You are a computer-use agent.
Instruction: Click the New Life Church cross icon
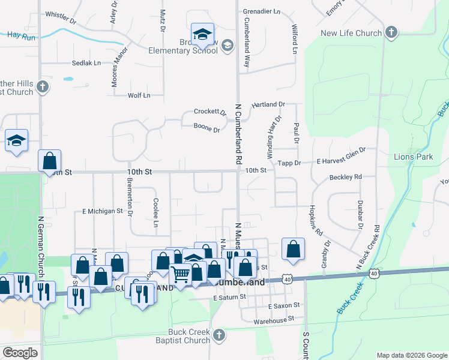tap(391, 32)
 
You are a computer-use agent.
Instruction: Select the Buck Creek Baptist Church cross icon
tap(219, 335)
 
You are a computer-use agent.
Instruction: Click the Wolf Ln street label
tap(139, 95)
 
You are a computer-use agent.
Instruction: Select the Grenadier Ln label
tap(261, 11)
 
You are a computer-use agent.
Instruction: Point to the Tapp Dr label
tap(289, 163)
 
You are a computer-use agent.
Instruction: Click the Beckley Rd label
tap(346, 177)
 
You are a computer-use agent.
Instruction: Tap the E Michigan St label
tap(102, 211)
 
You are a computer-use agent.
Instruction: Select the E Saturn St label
tap(230, 297)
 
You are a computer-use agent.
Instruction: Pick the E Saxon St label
tap(283, 305)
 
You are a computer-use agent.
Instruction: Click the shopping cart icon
tap(181, 274)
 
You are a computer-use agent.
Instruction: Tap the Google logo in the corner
tap(20, 353)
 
